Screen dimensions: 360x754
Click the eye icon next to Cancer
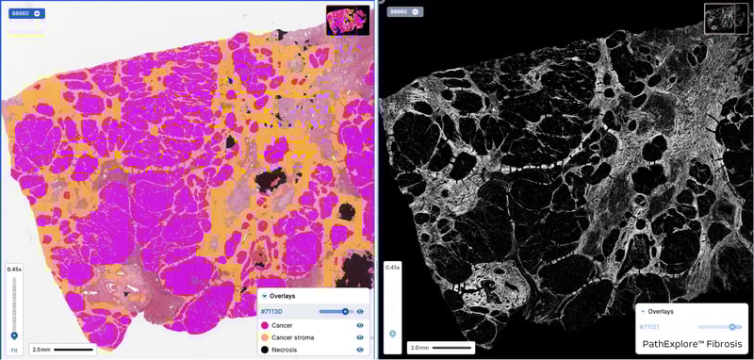360,324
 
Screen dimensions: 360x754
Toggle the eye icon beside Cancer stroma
360,336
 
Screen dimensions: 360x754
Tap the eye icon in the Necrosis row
360,349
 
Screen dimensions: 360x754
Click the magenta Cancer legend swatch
264,324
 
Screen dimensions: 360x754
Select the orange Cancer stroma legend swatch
264,336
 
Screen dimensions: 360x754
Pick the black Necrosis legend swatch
264,349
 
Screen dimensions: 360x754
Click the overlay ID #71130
273,310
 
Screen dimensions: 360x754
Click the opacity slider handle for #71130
345,310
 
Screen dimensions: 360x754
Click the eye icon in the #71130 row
360,310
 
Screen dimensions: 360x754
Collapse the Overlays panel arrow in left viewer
264,294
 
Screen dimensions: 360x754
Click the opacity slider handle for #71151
731,326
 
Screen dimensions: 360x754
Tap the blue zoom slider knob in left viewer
13,335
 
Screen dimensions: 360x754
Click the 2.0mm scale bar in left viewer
60,349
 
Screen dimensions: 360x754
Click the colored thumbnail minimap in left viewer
348,20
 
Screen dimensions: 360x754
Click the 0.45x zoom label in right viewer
393,268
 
